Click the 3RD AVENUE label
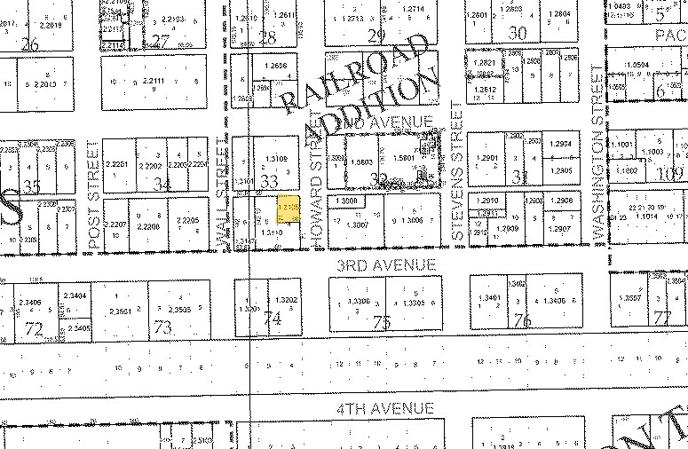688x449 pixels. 384,265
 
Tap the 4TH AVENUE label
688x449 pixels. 384,408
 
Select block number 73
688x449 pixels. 162,327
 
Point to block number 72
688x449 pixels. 35,329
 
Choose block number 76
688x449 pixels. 522,321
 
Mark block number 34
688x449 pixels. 161,185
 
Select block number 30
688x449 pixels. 518,33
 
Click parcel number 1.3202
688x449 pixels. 287,299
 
